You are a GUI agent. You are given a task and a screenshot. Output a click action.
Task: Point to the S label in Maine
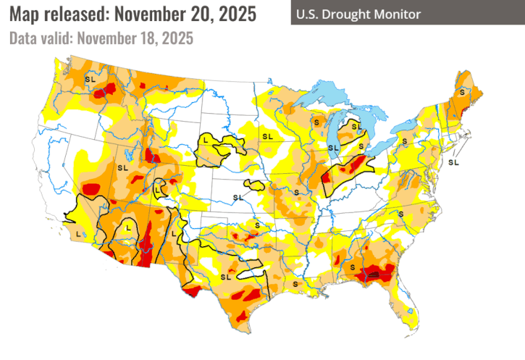(461, 93)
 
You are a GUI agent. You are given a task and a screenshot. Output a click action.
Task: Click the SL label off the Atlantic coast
(454, 162)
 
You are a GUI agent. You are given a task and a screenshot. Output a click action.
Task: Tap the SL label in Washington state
(90, 78)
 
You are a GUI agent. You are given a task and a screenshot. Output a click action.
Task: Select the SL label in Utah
(121, 167)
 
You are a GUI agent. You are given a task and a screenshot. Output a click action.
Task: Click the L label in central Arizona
(128, 227)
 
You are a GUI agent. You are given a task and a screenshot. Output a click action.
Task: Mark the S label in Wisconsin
(316, 123)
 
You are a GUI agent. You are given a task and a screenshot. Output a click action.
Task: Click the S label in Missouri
(295, 191)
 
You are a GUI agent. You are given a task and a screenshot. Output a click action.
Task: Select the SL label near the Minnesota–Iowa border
(267, 135)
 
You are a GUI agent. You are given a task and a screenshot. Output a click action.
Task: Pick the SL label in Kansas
(238, 197)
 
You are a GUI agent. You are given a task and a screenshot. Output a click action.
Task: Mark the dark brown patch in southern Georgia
(374, 275)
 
